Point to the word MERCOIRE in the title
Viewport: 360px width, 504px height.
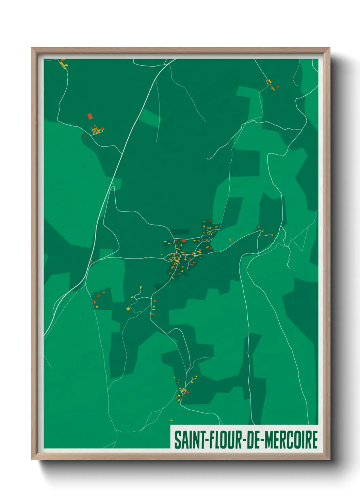click(291, 440)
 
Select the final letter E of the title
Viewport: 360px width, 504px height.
click(315, 440)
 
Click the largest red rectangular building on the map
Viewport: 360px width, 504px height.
click(90, 116)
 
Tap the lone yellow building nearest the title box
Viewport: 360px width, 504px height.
click(171, 420)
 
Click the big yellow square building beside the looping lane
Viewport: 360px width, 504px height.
click(128, 309)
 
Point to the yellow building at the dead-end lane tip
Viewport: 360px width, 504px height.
click(141, 287)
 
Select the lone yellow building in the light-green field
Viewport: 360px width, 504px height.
click(230, 240)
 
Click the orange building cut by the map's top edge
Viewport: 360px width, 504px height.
click(63, 60)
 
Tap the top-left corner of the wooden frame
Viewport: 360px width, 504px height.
click(32, 48)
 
